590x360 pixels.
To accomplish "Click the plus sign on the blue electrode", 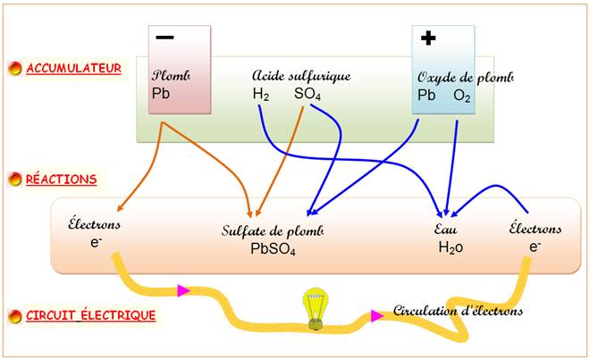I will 428,38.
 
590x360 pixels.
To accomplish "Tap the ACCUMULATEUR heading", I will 73,68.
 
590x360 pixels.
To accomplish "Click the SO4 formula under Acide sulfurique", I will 308,94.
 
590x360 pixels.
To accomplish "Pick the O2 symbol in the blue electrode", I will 461,96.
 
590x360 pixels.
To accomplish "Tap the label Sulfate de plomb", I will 272,230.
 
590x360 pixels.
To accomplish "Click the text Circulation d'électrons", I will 459,311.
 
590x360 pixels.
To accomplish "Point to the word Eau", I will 447,230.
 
